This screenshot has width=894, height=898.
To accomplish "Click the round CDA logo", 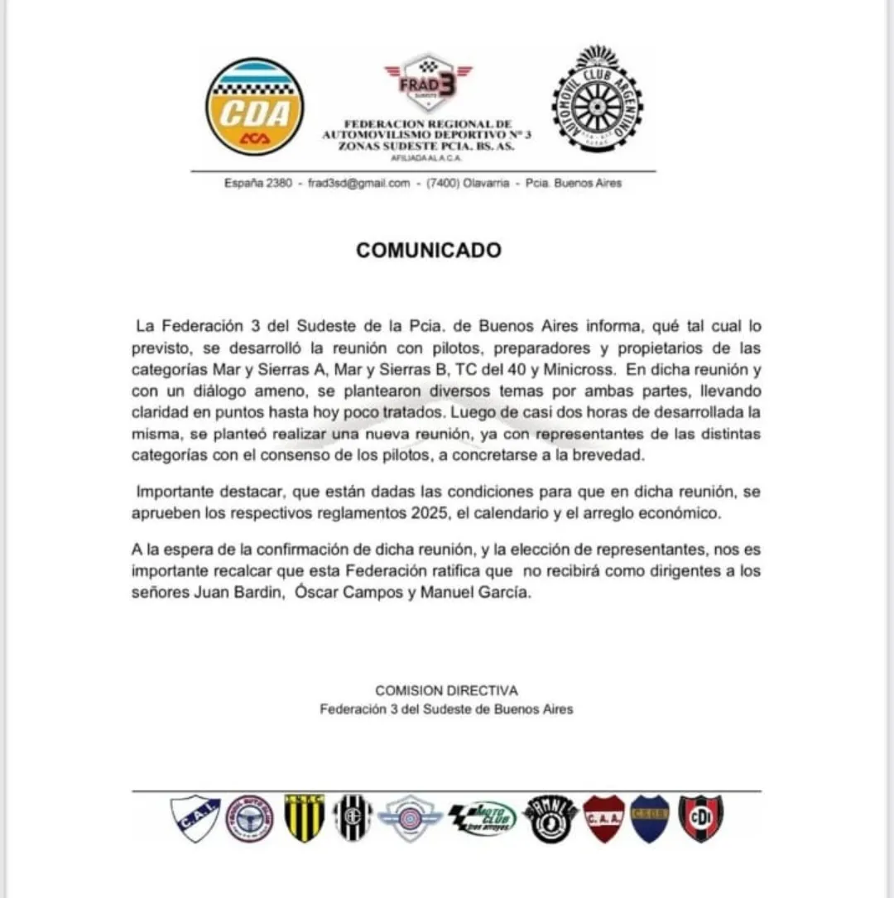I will click(254, 106).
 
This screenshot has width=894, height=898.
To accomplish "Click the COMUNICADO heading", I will click(429, 250).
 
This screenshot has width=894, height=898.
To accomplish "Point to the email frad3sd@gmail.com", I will click(359, 183).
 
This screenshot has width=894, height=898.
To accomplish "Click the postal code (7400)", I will click(444, 183).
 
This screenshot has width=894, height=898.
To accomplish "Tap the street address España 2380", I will click(257, 183).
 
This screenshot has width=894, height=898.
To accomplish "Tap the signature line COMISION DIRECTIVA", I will click(446, 690).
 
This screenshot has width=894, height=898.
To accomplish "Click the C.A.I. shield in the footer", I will click(195, 818).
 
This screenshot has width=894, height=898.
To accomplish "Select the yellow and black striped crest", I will click(304, 818).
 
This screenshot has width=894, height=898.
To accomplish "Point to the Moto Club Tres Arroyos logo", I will click(483, 819).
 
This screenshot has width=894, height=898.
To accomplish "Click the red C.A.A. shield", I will click(603, 819).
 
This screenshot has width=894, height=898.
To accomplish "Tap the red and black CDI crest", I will click(700, 819).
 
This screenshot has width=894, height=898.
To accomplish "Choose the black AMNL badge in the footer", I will click(551, 819).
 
